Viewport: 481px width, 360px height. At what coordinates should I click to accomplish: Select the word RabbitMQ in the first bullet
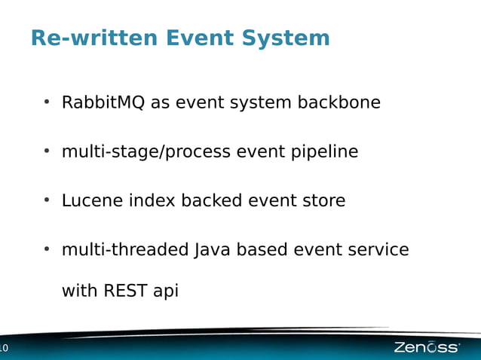103,102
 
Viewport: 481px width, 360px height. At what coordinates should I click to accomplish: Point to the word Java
213,250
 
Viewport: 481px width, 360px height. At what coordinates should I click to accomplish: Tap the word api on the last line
166,291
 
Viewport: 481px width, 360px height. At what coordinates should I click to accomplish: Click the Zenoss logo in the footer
426,347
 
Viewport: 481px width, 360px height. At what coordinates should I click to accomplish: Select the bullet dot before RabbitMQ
47,102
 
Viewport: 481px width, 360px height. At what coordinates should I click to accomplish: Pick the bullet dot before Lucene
47,200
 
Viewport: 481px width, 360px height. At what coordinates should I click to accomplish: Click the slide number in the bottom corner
3,348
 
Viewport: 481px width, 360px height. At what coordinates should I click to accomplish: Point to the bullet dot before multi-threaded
47,249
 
